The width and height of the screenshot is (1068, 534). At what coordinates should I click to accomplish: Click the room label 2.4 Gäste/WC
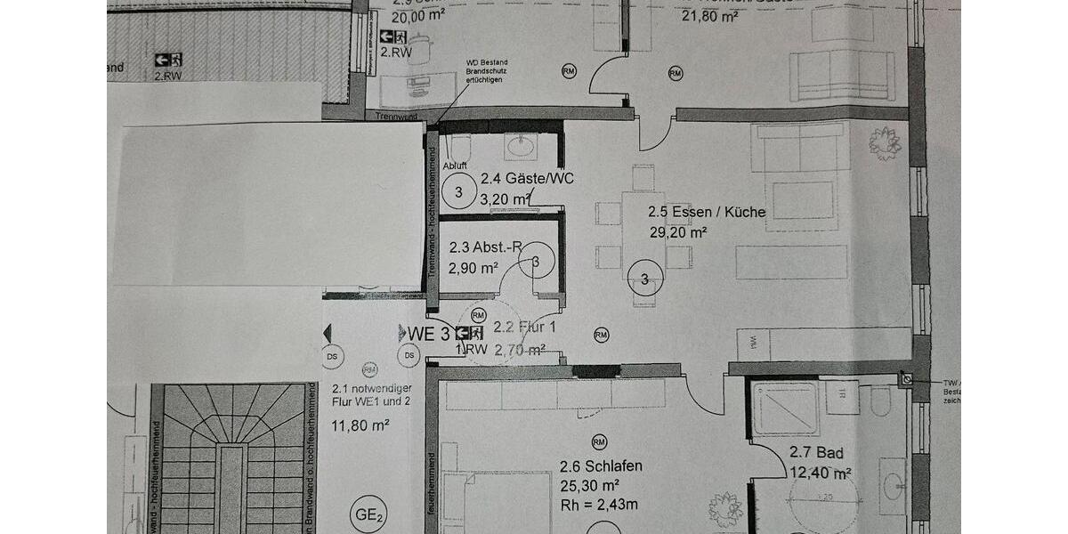pos(527,179)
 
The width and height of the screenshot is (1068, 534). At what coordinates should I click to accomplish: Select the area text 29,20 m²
pos(678,232)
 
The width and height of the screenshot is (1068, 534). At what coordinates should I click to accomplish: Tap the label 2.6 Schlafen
pos(601,466)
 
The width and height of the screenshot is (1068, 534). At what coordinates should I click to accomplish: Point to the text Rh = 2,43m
pos(599,506)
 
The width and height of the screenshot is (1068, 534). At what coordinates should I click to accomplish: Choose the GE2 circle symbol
pos(369,513)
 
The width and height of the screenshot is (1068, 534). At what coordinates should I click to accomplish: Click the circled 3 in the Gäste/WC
pos(459,190)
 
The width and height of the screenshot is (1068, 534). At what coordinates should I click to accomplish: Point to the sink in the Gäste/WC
pos(519,145)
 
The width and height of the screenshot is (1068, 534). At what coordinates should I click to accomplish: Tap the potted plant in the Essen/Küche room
pos(885,141)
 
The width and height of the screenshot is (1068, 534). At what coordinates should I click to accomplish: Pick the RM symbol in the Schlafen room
pos(599,442)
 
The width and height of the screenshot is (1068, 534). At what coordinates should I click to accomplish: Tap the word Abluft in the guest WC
pos(455,166)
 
